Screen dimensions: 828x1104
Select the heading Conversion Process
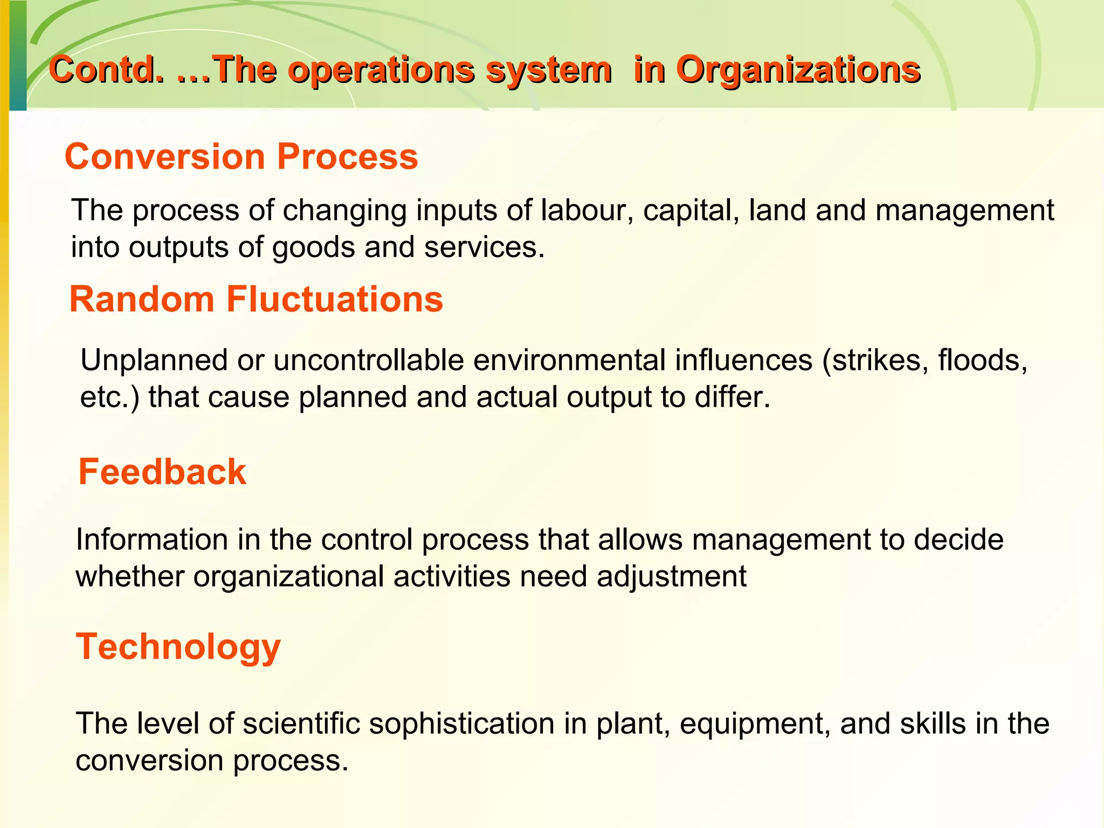[241, 157]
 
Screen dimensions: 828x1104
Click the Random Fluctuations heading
[256, 299]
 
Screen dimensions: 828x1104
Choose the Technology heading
[178, 647]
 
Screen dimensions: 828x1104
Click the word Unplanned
[154, 360]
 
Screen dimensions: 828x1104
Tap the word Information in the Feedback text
[152, 540]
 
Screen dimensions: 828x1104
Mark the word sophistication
[461, 724]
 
